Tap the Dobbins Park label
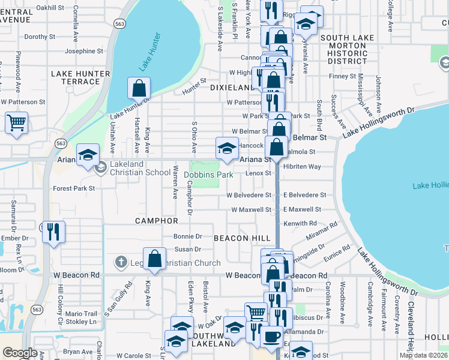point(208,175)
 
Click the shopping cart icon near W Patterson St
point(16,123)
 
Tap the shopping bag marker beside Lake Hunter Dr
point(139,88)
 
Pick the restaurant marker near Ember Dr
point(53,231)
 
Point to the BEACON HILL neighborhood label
point(243,238)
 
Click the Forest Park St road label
point(74,188)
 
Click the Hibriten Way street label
point(303,166)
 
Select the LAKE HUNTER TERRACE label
point(80,77)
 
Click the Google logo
point(20,353)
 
